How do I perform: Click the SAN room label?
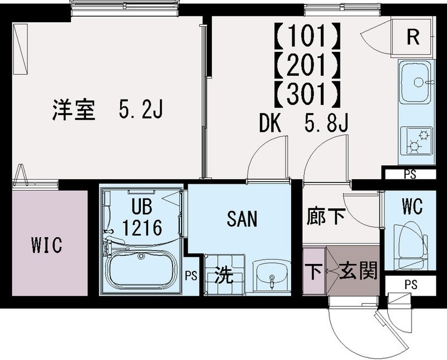click(x=242, y=219)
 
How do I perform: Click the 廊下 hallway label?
click(x=326, y=217)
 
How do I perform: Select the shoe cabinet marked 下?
click(x=313, y=272)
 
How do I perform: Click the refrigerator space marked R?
click(x=412, y=37)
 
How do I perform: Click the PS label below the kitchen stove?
click(x=409, y=174)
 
